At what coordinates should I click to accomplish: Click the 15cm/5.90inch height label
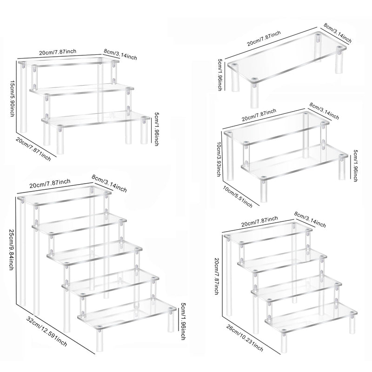click(x=12, y=98)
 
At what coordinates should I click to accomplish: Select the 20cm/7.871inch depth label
click(x=33, y=149)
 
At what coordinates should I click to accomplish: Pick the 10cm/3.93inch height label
click(x=219, y=159)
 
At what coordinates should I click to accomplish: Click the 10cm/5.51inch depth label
click(x=238, y=196)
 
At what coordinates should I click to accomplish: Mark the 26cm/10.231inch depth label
click(x=245, y=338)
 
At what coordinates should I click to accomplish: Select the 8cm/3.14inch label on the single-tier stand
click(x=338, y=33)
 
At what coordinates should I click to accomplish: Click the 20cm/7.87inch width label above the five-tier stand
click(x=50, y=183)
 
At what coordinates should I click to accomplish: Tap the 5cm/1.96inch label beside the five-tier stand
click(x=183, y=321)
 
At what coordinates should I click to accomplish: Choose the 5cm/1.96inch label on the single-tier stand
click(x=219, y=74)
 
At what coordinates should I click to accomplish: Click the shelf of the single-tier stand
click(x=286, y=57)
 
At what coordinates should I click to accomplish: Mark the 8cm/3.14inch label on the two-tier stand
click(x=324, y=111)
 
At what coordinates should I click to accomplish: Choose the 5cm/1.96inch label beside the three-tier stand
click(x=156, y=129)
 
